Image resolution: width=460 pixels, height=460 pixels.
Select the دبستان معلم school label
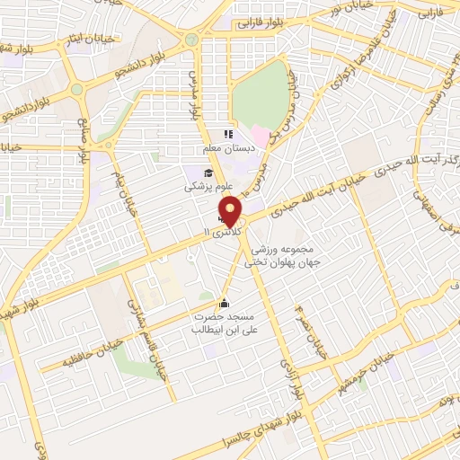(x=227, y=146)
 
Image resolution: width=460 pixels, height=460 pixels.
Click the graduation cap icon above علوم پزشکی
(x=209, y=173)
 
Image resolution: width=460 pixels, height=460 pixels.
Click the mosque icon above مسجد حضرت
(x=224, y=303)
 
